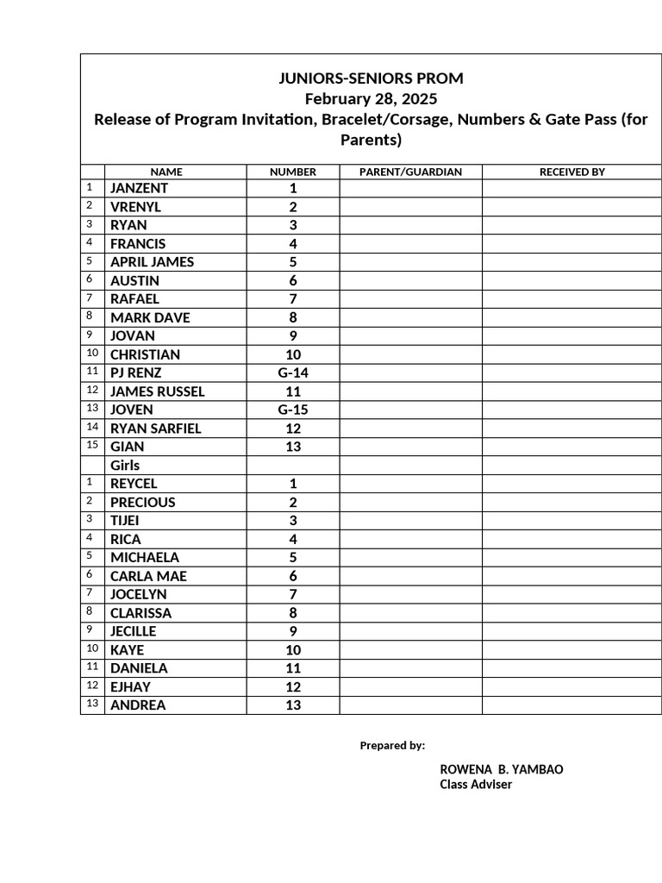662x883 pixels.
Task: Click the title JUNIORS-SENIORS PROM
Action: [371, 78]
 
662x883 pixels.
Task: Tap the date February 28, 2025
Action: [371, 99]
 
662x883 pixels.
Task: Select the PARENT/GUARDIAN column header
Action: [410, 172]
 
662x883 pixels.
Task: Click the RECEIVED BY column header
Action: [572, 172]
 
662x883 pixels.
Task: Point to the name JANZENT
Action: [139, 188]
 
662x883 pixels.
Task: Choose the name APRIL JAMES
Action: [152, 262]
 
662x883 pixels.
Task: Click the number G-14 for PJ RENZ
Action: [293, 373]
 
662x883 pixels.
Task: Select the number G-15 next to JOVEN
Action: [293, 410]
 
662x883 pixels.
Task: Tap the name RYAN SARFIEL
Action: [155, 429]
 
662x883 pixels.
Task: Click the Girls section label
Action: [125, 466]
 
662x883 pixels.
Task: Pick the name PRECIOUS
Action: [142, 503]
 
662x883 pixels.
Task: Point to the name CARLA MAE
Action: [148, 576]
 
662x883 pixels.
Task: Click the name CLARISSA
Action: [141, 613]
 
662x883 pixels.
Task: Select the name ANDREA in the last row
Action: [138, 705]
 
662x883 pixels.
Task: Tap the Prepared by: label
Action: [392, 746]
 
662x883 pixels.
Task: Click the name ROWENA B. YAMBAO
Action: [502, 769]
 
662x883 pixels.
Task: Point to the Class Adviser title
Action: [476, 785]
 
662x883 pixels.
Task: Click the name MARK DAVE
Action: [150, 317]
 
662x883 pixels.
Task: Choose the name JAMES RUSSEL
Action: [157, 391]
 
